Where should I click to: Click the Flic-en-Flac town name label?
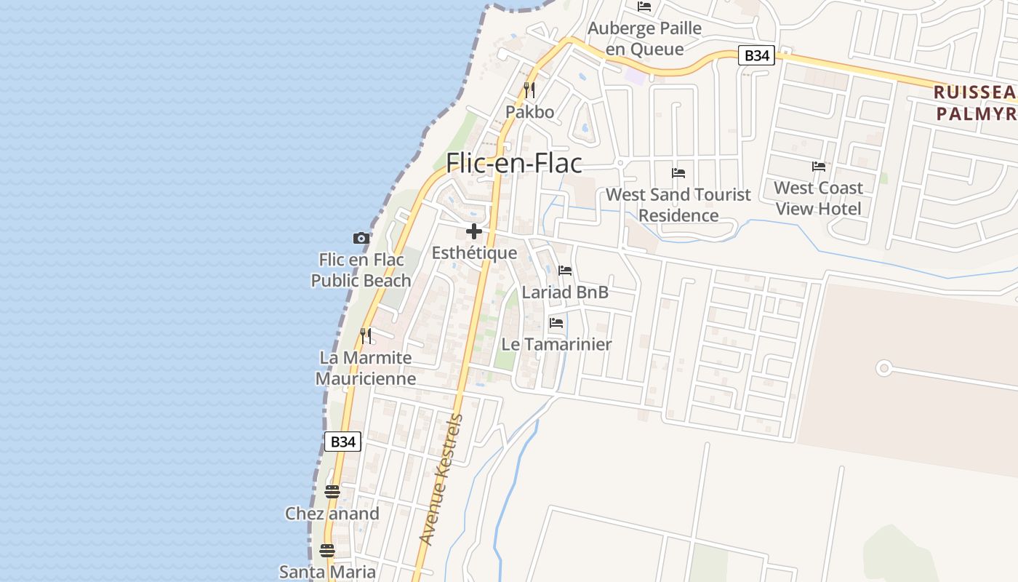click(514, 163)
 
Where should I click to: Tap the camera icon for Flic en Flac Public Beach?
click(361, 238)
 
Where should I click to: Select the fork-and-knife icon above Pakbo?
click(529, 90)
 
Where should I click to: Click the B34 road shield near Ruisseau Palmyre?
click(756, 55)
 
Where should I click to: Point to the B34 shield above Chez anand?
click(342, 441)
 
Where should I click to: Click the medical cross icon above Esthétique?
click(474, 232)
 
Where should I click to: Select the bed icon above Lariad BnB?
click(565, 271)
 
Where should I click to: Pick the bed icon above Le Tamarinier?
click(556, 322)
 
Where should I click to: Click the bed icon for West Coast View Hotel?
click(818, 167)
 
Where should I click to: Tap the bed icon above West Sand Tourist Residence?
click(678, 173)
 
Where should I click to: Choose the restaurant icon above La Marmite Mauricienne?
click(366, 335)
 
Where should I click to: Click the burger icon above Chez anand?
click(332, 492)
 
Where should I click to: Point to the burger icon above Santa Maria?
click(327, 550)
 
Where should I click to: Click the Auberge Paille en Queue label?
click(644, 39)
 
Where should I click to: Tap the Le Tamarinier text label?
click(556, 344)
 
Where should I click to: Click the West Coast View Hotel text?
click(818, 198)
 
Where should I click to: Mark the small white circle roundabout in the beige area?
click(883, 368)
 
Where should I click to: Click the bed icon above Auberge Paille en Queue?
click(644, 7)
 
